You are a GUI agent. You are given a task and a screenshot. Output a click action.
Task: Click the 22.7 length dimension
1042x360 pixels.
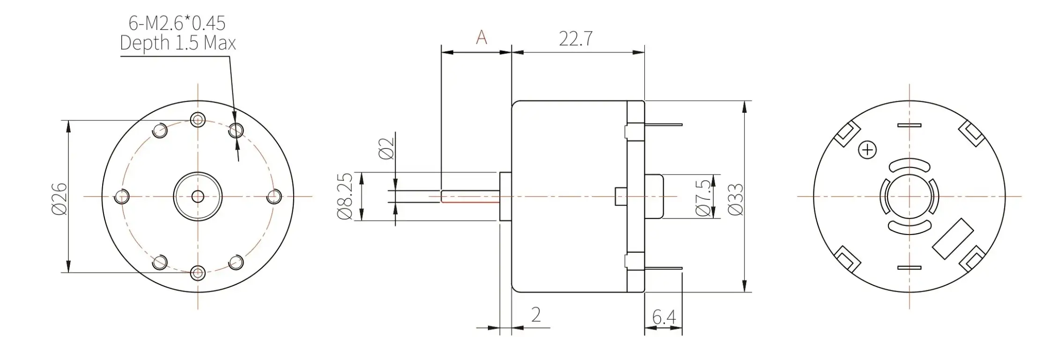coord(576,39)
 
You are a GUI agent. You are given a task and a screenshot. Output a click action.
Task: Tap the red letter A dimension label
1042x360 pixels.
coord(481,37)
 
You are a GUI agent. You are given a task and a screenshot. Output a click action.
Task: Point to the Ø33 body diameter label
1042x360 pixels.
coord(736,199)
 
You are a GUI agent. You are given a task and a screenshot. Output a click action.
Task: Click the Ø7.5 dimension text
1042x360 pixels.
coord(703,198)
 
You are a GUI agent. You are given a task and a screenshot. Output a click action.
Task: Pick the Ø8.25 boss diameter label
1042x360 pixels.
coord(345,196)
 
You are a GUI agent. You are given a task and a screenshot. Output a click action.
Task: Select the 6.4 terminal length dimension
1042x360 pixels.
coord(664,318)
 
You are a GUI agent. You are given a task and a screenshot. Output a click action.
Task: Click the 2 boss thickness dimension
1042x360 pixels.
coord(536,315)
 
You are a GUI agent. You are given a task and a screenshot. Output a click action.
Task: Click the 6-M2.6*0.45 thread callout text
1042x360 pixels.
coord(177,22)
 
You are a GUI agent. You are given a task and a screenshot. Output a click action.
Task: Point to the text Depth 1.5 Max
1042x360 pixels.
coord(177,43)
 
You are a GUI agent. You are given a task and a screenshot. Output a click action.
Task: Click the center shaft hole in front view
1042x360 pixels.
coord(198,196)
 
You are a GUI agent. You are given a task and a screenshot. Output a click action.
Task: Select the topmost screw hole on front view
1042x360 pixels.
coord(198,120)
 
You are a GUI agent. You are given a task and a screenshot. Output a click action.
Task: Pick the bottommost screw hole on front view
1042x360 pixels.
coord(198,272)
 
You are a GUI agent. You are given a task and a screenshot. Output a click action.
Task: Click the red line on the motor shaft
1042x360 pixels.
coord(471,202)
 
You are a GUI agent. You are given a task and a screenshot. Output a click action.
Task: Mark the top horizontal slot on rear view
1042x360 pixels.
coord(909,125)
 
